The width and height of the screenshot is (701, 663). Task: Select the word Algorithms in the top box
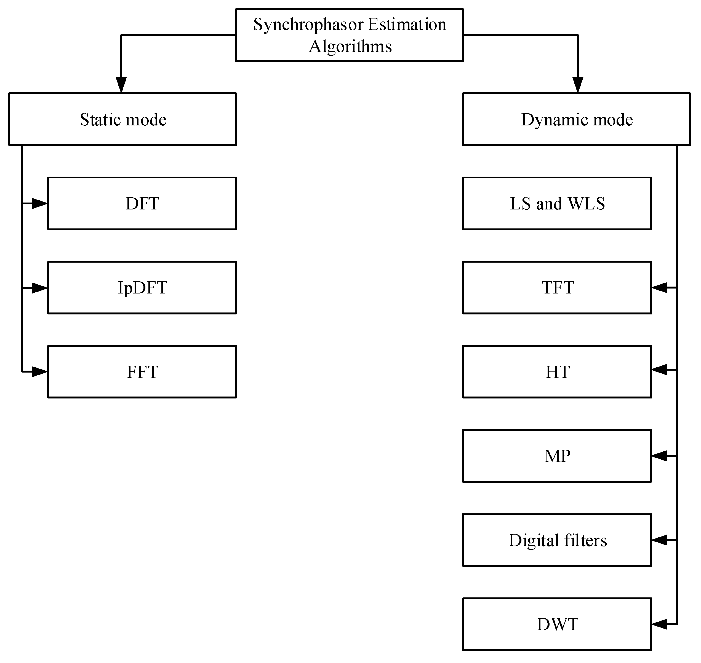(350, 47)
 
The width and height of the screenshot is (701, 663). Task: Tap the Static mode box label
(123, 119)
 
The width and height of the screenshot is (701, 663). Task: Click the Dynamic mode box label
(577, 119)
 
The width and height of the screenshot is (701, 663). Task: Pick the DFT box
(142, 204)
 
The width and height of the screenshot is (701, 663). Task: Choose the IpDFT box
(142, 288)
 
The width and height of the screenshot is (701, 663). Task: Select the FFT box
(142, 372)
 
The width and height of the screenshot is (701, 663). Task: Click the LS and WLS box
(557, 204)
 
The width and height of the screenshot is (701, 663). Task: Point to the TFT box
(557, 288)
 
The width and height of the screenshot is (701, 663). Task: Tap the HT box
(557, 372)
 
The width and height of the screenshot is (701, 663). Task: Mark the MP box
(557, 456)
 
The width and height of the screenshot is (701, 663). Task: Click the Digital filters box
(557, 540)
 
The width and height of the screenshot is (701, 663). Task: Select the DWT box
(557, 624)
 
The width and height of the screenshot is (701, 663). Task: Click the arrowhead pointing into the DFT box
(40, 204)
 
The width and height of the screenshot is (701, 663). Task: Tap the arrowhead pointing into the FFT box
(40, 372)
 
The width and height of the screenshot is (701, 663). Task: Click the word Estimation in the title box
(407, 25)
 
